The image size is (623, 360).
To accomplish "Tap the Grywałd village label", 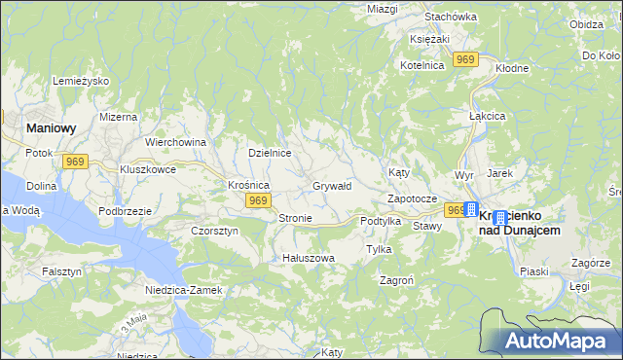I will [331, 186].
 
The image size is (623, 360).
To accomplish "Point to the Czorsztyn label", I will [214, 231].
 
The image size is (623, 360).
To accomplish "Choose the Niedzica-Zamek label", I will [183, 290].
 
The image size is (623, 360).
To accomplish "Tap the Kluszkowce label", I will [148, 168].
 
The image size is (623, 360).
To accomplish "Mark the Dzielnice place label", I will [270, 153].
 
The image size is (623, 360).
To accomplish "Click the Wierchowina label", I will [175, 142].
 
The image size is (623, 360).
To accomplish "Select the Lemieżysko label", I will [81, 81].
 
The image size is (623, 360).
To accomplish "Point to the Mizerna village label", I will [118, 116].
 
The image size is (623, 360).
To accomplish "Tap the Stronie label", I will [295, 218].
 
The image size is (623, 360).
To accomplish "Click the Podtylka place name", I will [381, 221].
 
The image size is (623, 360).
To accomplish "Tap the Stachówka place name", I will [451, 17].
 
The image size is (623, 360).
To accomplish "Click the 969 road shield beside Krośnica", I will [257, 200].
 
